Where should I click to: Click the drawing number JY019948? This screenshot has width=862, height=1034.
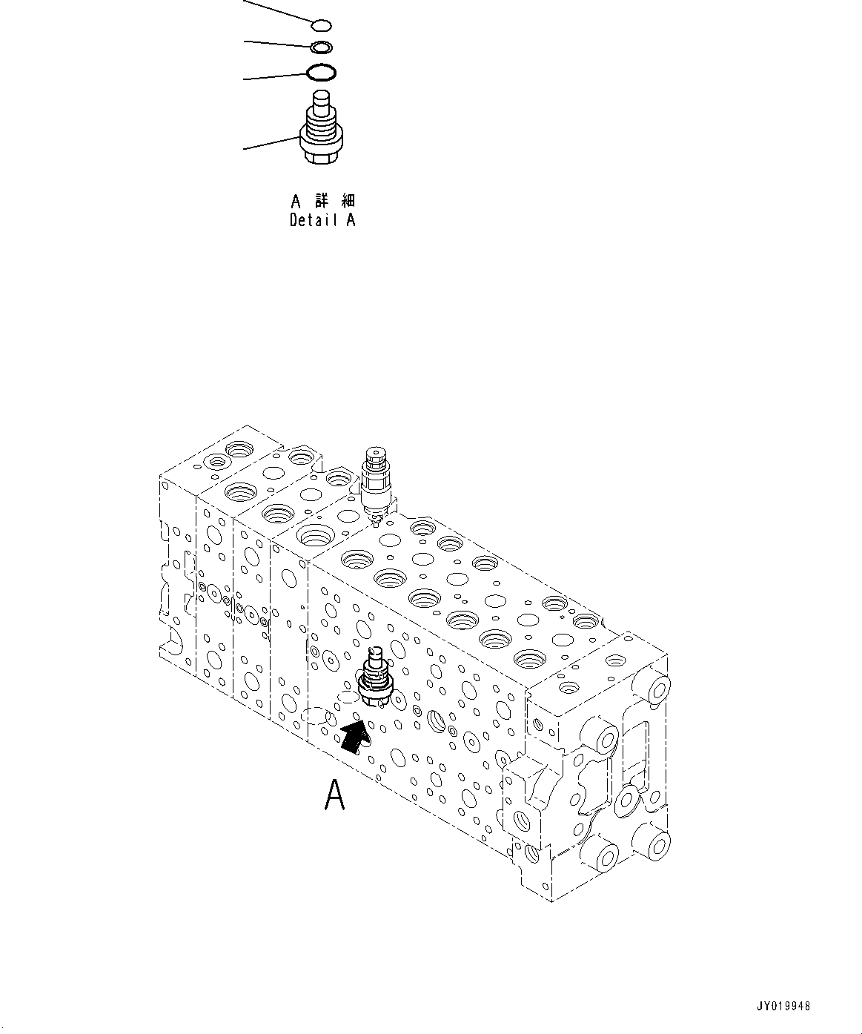pyautogui.click(x=784, y=1007)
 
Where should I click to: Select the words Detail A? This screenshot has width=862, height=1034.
pyautogui.click(x=322, y=220)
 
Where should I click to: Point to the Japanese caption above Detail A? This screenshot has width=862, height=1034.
pyautogui.click(x=322, y=201)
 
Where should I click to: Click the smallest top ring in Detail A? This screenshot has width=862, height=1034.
pyautogui.click(x=321, y=27)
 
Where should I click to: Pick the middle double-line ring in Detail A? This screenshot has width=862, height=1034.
pyautogui.click(x=322, y=48)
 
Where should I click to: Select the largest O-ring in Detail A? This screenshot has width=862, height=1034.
pyautogui.click(x=322, y=73)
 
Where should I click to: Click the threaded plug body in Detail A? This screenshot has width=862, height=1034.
pyautogui.click(x=322, y=130)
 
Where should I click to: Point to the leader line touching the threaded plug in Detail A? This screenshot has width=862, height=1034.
pyautogui.click(x=271, y=142)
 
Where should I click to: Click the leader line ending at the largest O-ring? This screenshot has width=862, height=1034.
pyautogui.click(x=274, y=76)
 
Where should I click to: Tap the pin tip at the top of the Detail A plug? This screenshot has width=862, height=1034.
pyautogui.click(x=322, y=99)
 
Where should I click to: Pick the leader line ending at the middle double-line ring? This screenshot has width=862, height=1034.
pyautogui.click(x=278, y=44)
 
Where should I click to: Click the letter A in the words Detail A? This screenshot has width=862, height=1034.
pyautogui.click(x=351, y=220)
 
